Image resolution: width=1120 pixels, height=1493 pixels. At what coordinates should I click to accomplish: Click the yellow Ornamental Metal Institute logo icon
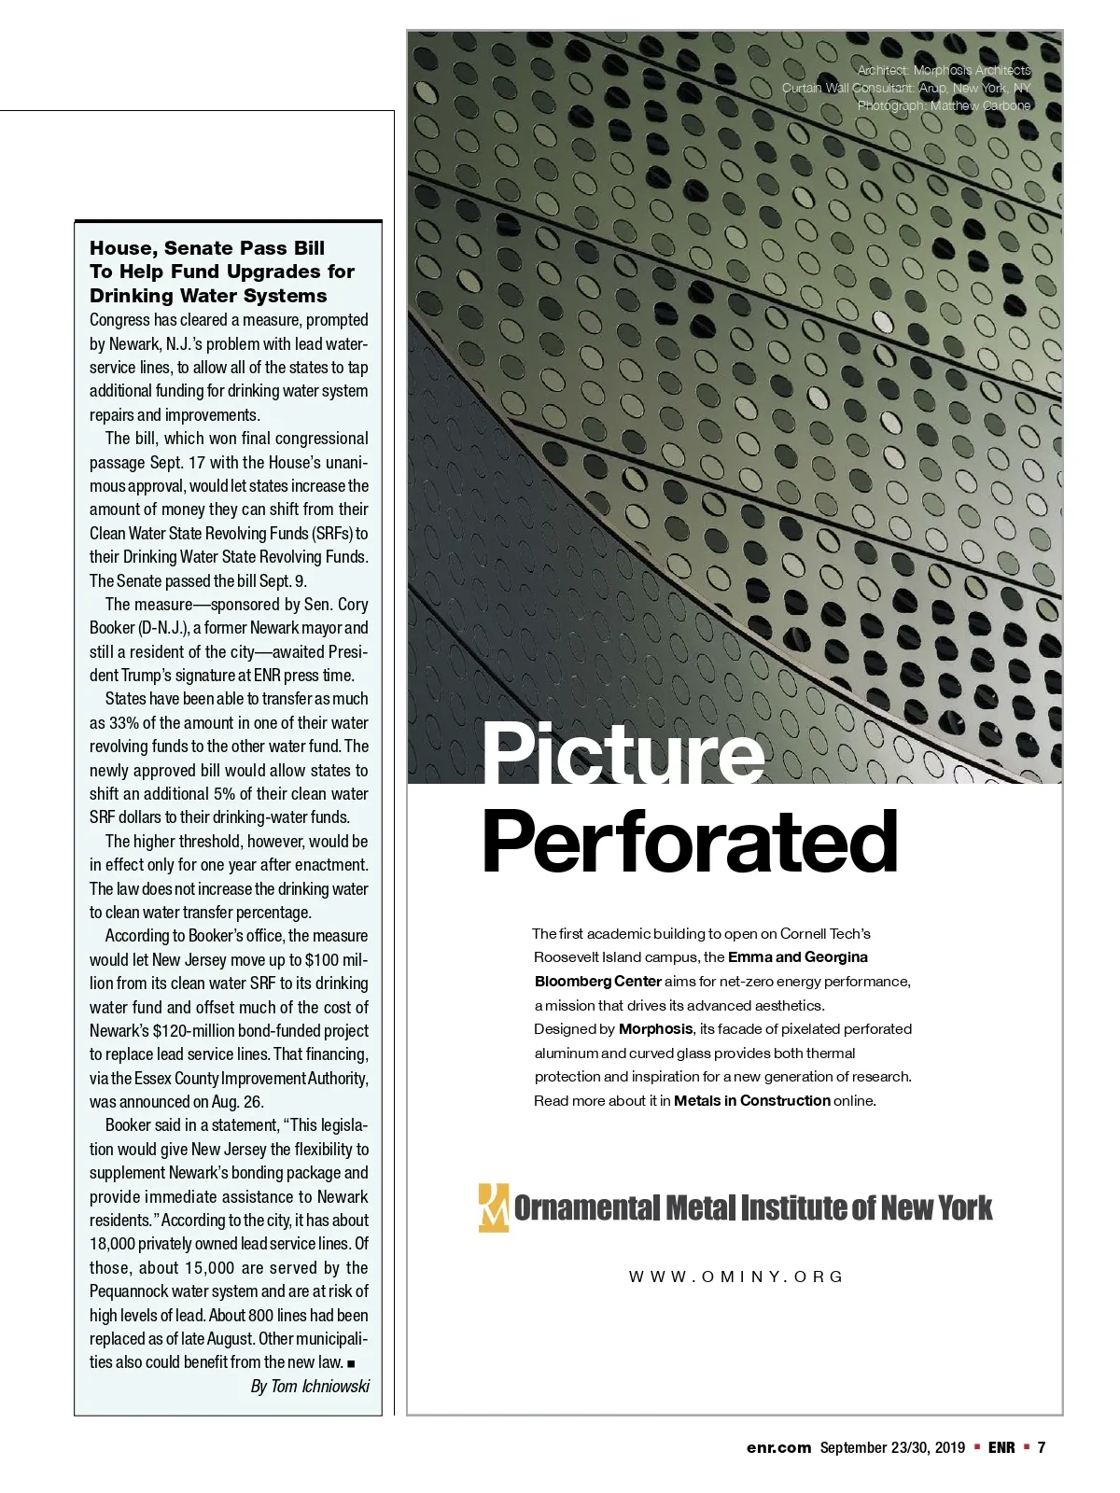[x=493, y=1207]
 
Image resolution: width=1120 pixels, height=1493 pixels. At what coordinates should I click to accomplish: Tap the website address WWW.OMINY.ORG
[x=735, y=1277]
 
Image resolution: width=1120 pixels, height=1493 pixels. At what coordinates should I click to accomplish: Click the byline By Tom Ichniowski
[x=310, y=1387]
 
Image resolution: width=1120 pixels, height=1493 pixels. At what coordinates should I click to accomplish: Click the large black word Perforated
[x=690, y=842]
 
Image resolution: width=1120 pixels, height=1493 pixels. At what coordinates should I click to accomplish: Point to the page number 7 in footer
[x=1042, y=1447]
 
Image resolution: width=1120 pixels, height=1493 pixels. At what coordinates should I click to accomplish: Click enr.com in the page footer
[x=778, y=1447]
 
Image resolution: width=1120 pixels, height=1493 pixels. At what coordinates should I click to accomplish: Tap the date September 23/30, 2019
[x=892, y=1447]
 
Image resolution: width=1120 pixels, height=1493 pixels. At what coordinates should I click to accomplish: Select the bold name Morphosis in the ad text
[x=655, y=1029]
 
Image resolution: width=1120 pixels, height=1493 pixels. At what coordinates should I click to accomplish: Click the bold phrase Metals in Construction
[x=751, y=1101]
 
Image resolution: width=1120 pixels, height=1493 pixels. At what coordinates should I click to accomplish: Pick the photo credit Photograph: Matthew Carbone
[x=944, y=105]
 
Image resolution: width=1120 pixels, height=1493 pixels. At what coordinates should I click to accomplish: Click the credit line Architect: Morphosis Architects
[x=944, y=70]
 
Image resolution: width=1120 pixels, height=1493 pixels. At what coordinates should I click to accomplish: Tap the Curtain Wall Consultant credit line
[x=906, y=88]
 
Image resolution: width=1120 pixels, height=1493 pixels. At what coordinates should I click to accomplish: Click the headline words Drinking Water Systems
[x=208, y=296]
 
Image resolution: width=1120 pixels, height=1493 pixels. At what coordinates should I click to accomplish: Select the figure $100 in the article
[x=323, y=960]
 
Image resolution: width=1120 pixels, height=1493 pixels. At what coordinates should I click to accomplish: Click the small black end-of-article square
[x=351, y=1363]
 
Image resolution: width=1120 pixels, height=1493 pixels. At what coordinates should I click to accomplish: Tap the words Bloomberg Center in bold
[x=597, y=982]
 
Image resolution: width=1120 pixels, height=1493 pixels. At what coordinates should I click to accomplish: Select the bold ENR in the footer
[x=1001, y=1447]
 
